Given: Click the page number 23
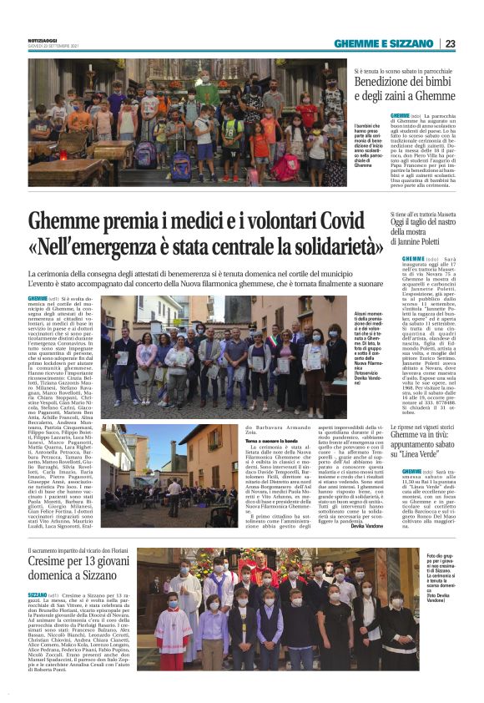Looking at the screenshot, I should pyautogui.click(x=450, y=43).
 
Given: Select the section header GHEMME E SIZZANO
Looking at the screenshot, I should pyautogui.click(x=385, y=43).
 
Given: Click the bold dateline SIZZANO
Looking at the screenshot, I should pyautogui.click(x=38, y=595).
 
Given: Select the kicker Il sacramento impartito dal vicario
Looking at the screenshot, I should pyautogui.click(x=79, y=552).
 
